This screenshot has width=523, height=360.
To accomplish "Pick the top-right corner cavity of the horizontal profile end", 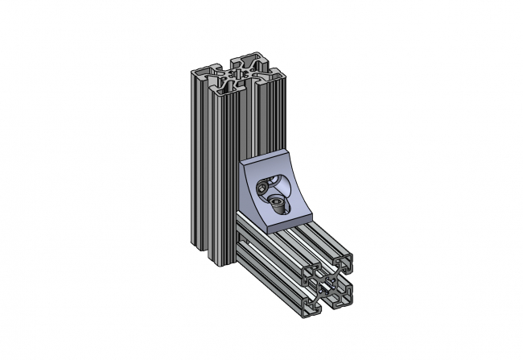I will [346, 263].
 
